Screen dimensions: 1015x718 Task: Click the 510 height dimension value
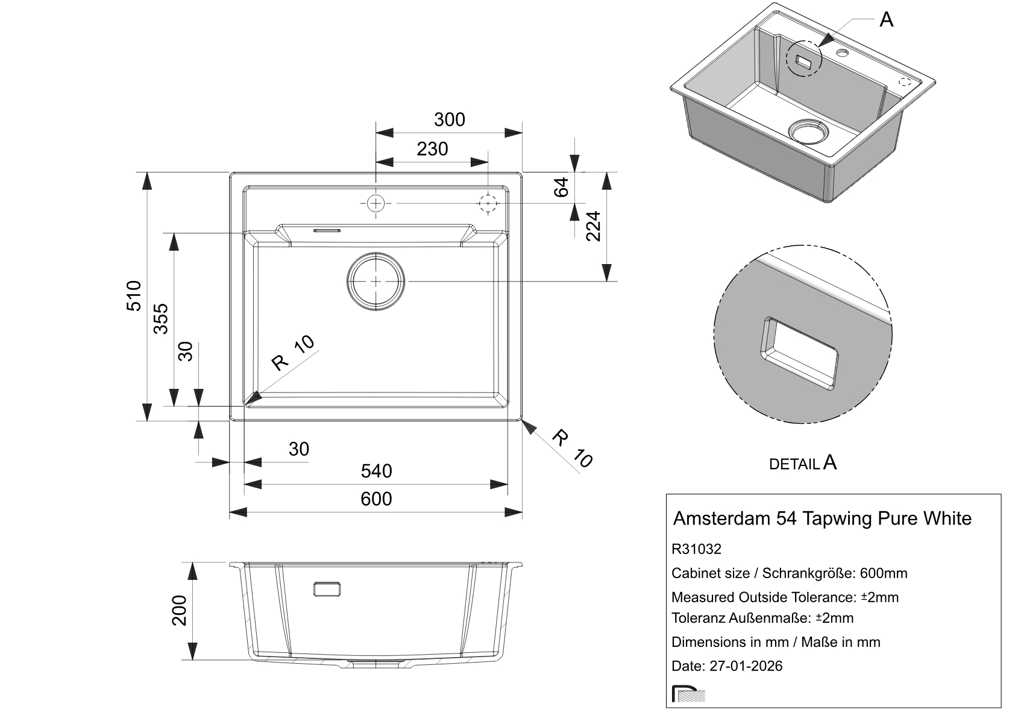pyautogui.click(x=134, y=295)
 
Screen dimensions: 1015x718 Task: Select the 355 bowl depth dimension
pyautogui.click(x=161, y=319)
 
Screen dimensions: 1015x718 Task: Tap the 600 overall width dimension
pyautogui.click(x=376, y=499)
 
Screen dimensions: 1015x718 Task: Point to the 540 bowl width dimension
pyautogui.click(x=376, y=471)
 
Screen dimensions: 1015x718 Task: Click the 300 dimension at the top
pyautogui.click(x=450, y=119)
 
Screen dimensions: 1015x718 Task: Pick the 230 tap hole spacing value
pyautogui.click(x=432, y=149)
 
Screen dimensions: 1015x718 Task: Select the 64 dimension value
pyautogui.click(x=561, y=187)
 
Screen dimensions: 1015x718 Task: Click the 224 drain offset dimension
pyautogui.click(x=593, y=226)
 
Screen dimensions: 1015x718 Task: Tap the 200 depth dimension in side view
pyautogui.click(x=180, y=611)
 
